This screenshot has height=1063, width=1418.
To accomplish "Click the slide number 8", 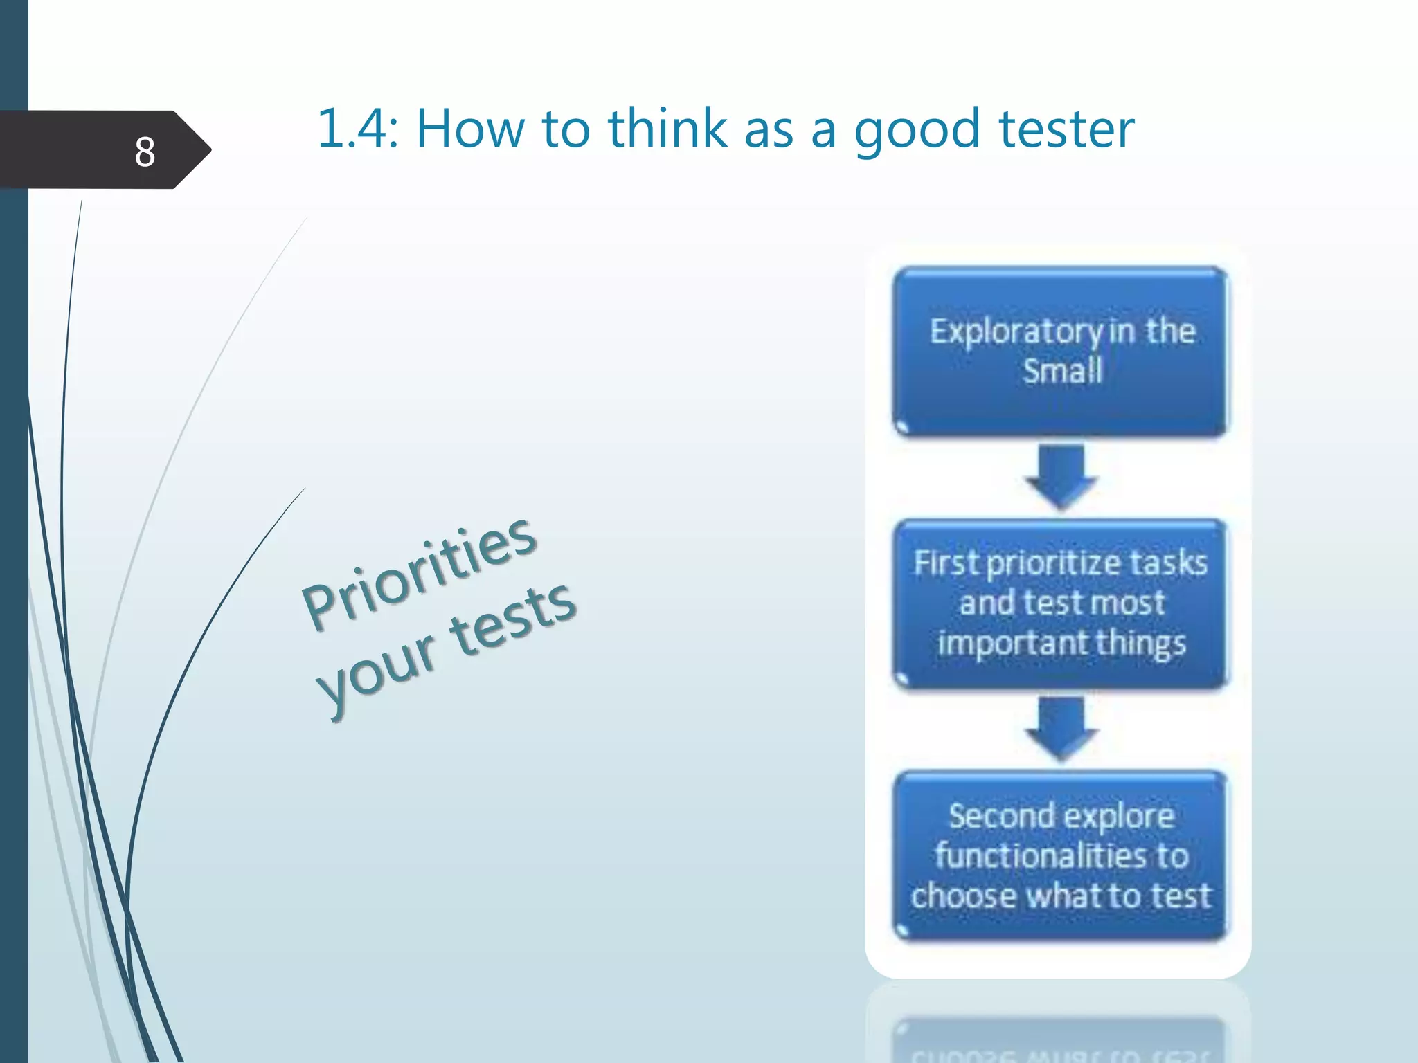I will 145,152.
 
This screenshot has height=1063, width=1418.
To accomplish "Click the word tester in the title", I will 1066,129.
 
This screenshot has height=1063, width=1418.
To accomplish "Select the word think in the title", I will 667,129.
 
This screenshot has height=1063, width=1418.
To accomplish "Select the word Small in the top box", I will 1062,371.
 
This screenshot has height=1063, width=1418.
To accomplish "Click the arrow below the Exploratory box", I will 1061,476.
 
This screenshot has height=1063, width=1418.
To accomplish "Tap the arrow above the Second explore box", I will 1061,728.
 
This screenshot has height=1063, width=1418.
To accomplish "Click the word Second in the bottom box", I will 1001,817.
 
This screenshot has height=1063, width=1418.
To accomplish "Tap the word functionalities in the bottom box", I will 1041,856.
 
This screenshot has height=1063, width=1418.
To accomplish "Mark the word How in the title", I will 470,129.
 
